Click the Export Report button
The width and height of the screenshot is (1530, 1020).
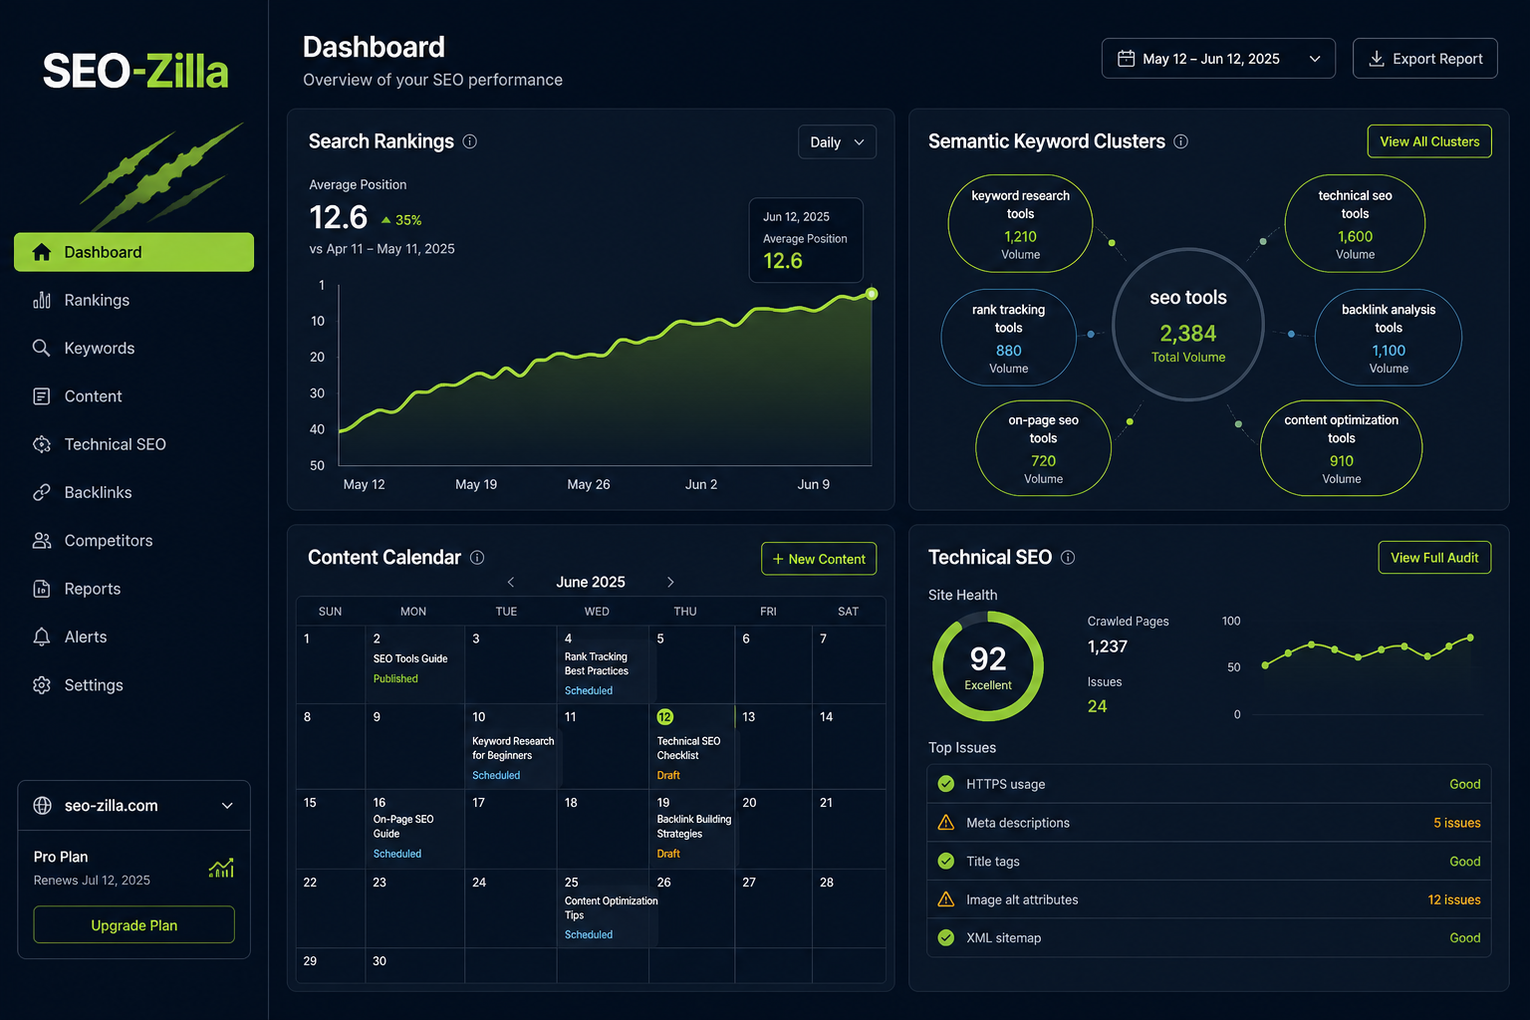[1424, 59]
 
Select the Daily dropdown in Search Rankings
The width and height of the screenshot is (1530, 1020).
[837, 142]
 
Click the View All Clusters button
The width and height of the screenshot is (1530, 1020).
[1429, 141]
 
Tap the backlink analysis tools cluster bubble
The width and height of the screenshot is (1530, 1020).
[1388, 338]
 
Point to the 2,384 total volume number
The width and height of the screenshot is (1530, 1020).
[1187, 334]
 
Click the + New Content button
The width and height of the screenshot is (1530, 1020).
[819, 559]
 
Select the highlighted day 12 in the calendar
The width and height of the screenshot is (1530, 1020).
[664, 716]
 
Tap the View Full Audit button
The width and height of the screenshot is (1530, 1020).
[1434, 558]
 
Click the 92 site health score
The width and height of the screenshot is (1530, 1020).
[988, 658]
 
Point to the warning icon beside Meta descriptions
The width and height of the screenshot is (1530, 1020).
[946, 822]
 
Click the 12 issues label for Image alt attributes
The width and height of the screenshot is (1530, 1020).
[1453, 899]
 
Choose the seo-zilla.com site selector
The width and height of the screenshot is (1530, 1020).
[133, 806]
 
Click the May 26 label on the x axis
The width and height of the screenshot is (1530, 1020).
[588, 484]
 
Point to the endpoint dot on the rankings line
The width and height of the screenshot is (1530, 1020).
[872, 294]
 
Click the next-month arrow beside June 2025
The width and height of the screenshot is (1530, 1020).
[670, 582]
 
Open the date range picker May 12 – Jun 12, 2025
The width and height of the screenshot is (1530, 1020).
[1218, 59]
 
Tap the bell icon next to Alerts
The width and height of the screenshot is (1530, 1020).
[42, 637]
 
